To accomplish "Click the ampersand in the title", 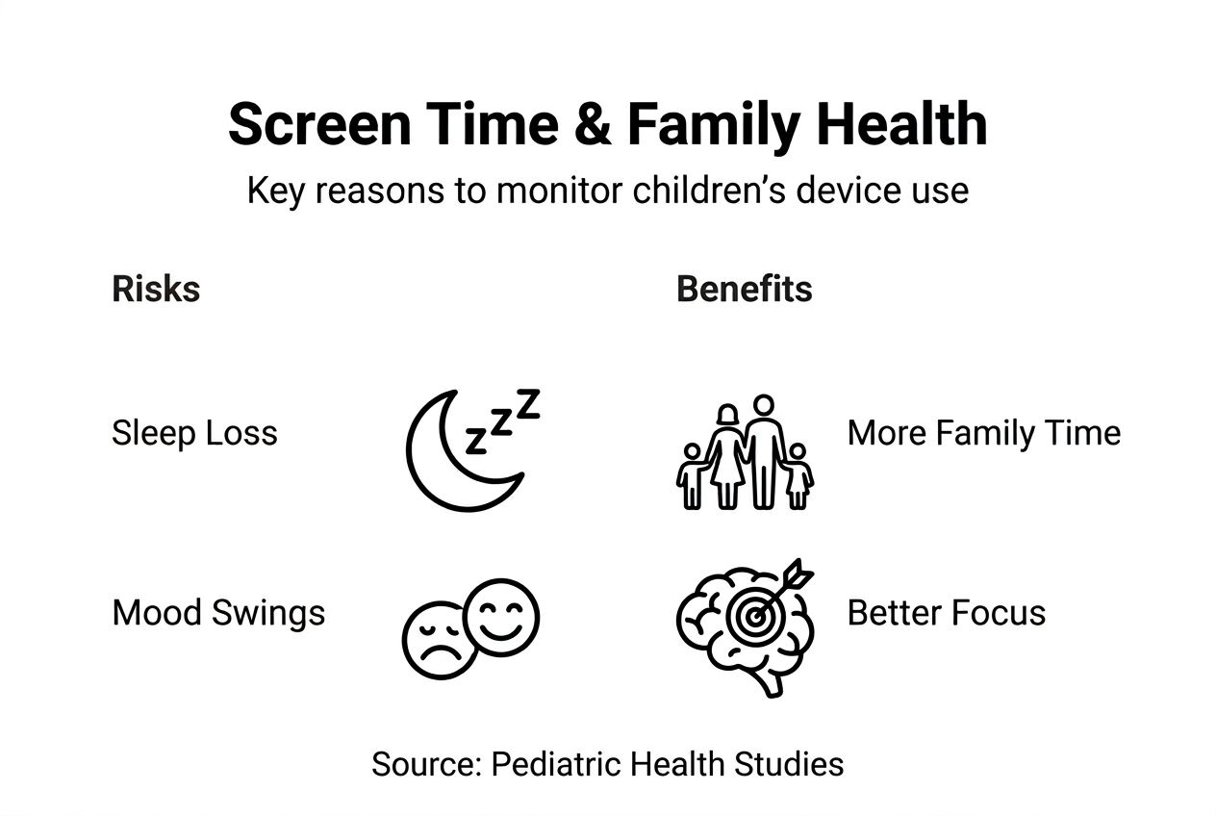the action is point(593,124).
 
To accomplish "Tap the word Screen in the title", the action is point(319,124).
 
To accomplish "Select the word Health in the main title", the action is point(901,123).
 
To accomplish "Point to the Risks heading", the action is point(156,289).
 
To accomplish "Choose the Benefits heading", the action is point(745,289).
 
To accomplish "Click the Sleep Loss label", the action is point(194,433).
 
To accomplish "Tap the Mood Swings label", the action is point(218,613).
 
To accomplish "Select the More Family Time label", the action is point(983,433).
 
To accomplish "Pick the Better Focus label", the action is point(947,613).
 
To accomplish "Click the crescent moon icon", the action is point(429,467).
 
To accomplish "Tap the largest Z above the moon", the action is point(527,404).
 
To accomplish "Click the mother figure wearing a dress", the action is point(727,457).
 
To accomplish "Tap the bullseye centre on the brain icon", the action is point(754,616).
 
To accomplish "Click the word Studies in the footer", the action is point(789,764).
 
